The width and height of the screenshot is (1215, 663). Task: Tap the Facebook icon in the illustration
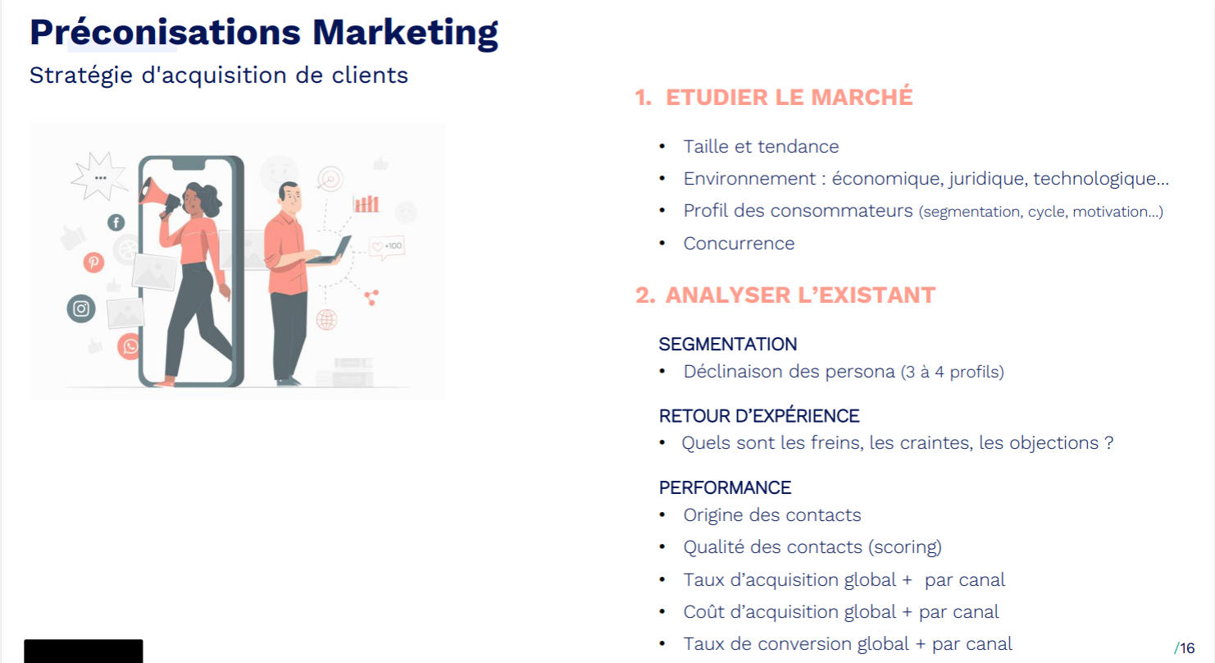click(116, 222)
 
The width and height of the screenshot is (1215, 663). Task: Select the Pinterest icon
click(94, 263)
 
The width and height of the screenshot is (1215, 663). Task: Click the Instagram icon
click(81, 309)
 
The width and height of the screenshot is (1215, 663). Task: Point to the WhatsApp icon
click(130, 346)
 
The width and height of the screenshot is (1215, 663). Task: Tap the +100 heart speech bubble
click(387, 246)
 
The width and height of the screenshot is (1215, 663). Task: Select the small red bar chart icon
click(366, 203)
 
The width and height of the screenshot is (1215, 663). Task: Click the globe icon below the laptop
click(326, 319)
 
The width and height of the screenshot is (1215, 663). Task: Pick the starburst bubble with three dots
click(100, 176)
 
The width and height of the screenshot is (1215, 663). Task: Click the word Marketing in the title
click(405, 32)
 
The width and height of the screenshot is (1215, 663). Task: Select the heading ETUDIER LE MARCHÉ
click(789, 97)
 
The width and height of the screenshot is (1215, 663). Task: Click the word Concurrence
click(739, 244)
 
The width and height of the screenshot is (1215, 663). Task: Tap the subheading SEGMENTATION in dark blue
click(728, 344)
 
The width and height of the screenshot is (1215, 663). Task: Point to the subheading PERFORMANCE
click(725, 487)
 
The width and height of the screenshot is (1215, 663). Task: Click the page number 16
click(1187, 648)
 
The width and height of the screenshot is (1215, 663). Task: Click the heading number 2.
click(644, 295)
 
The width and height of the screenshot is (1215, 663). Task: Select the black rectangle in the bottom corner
click(83, 651)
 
